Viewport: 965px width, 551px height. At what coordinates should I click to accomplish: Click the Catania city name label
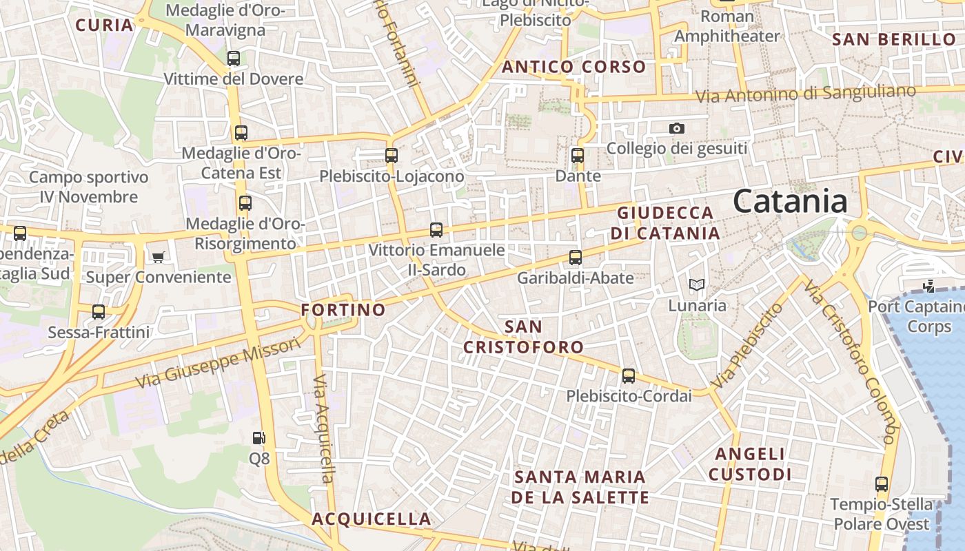click(790, 201)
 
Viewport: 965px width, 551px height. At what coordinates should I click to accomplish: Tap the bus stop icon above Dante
click(578, 156)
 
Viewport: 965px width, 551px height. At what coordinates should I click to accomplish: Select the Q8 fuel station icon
click(258, 437)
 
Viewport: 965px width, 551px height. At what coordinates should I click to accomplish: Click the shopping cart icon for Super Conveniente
click(159, 258)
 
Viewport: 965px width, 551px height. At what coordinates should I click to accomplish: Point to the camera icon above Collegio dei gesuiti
click(677, 129)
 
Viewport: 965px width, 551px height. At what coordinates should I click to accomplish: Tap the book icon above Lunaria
click(697, 284)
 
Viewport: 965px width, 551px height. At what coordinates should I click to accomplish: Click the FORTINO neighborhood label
click(343, 310)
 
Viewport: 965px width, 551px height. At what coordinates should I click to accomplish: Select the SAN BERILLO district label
click(894, 39)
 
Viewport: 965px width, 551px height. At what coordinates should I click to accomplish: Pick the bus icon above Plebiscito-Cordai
click(629, 376)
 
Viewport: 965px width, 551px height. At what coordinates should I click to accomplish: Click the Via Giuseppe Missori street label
click(219, 363)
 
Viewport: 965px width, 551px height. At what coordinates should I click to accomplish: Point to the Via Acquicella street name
click(323, 428)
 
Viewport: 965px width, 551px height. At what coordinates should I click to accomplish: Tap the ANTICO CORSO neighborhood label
click(573, 67)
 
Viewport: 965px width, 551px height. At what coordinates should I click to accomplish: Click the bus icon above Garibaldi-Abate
click(576, 258)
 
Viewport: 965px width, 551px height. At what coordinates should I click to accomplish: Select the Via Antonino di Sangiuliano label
click(806, 94)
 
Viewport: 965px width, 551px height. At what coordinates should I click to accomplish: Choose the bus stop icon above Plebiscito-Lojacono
click(392, 156)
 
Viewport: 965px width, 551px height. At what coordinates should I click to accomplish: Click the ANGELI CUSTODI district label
click(750, 464)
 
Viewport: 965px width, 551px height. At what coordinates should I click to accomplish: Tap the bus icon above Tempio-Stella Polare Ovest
click(882, 484)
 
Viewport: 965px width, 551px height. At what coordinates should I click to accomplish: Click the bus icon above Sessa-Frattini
click(99, 312)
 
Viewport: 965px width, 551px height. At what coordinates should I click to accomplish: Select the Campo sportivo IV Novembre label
click(88, 187)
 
